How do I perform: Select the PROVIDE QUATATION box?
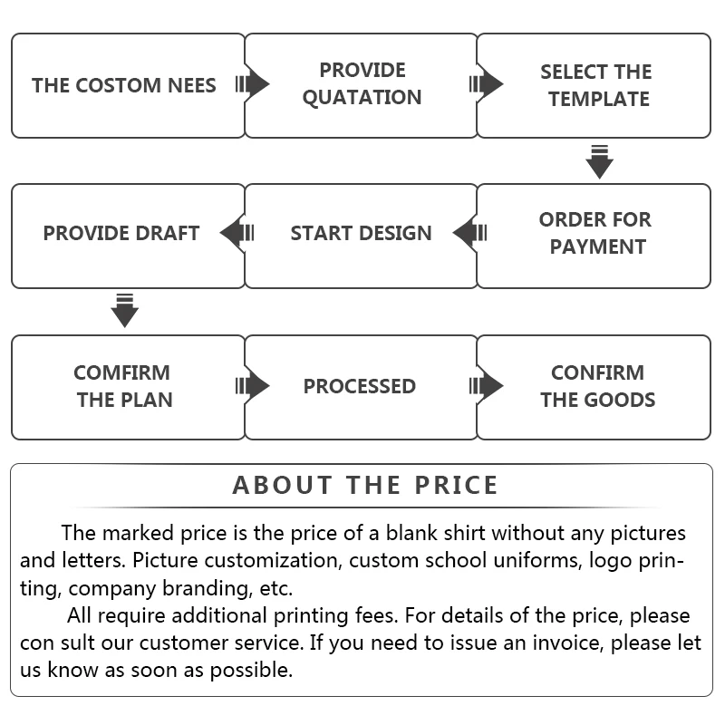click(362, 86)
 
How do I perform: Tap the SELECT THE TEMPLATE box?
click(594, 86)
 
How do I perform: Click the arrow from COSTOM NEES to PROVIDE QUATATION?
click(252, 85)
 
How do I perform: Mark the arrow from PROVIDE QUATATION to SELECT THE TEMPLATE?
click(486, 85)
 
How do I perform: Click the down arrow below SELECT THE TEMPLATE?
click(599, 161)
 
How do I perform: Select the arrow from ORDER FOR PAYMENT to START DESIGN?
click(470, 234)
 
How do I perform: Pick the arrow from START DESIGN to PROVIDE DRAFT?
click(237, 234)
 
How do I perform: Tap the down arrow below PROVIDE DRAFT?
click(124, 311)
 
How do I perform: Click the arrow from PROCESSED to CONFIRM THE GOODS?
click(486, 386)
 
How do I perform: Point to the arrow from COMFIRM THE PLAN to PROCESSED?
click(252, 386)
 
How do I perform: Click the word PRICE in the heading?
click(457, 485)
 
